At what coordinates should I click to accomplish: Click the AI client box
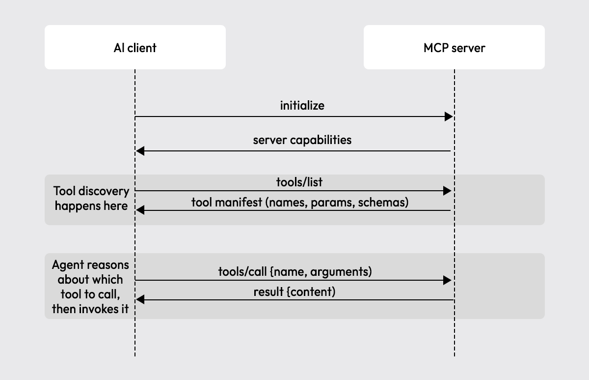point(135,47)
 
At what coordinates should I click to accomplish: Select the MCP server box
point(454,47)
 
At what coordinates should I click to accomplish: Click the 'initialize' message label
point(302,106)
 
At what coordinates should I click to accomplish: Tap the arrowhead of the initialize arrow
point(449,117)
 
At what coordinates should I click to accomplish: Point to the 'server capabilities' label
point(302,140)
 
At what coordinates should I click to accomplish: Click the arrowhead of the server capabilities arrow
point(140,151)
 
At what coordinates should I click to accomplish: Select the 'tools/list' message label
point(299,182)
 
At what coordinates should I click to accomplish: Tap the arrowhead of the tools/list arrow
point(447,191)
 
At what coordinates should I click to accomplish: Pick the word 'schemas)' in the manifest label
point(383,203)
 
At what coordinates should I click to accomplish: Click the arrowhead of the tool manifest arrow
point(140,210)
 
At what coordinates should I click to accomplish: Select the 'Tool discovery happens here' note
point(91,198)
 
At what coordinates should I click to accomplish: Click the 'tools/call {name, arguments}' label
point(295,272)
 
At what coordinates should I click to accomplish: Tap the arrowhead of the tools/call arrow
point(447,280)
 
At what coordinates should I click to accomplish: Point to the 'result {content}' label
point(294,292)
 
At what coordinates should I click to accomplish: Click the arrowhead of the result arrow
point(140,300)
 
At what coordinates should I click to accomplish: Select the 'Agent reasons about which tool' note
point(90,287)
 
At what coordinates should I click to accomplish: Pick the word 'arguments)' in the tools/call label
point(341,272)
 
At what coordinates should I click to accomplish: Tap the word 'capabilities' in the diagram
point(321,140)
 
